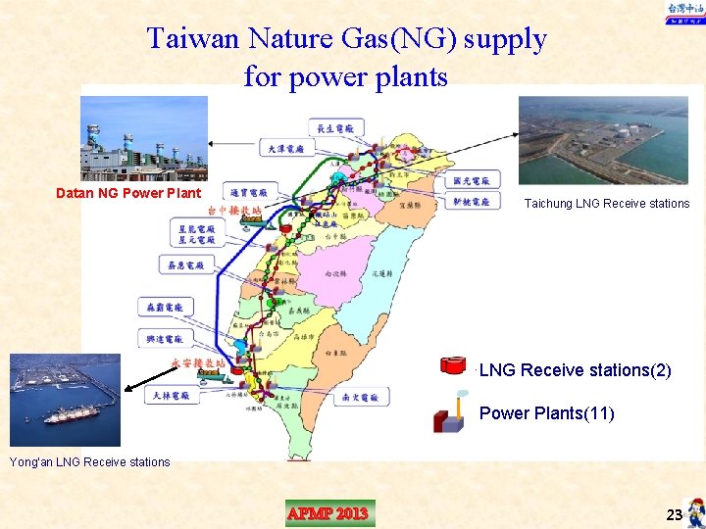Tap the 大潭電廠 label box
click(x=287, y=148)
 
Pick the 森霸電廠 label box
click(x=165, y=307)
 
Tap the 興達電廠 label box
click(x=165, y=338)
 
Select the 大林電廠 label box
click(x=174, y=396)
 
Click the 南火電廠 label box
click(x=362, y=397)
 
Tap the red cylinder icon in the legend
click(x=454, y=366)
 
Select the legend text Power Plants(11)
click(x=546, y=413)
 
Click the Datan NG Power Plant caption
click(x=127, y=193)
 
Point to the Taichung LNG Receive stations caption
click(x=606, y=204)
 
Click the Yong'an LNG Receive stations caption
click(x=89, y=462)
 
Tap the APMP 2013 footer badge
click(x=328, y=513)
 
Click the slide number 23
click(x=674, y=515)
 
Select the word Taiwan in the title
click(x=192, y=39)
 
